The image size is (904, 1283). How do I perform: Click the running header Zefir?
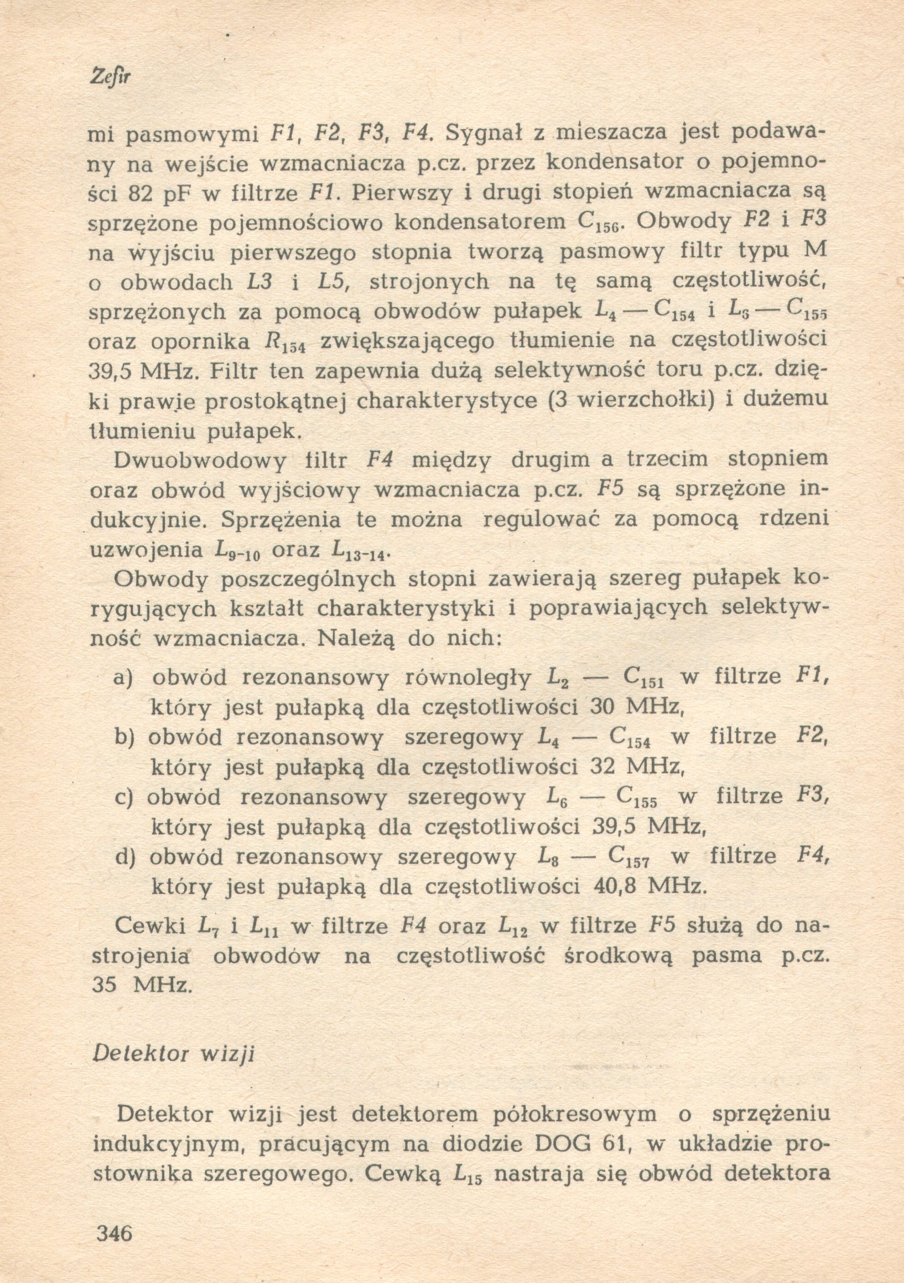click(x=109, y=77)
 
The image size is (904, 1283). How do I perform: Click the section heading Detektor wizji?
click(x=173, y=1054)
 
